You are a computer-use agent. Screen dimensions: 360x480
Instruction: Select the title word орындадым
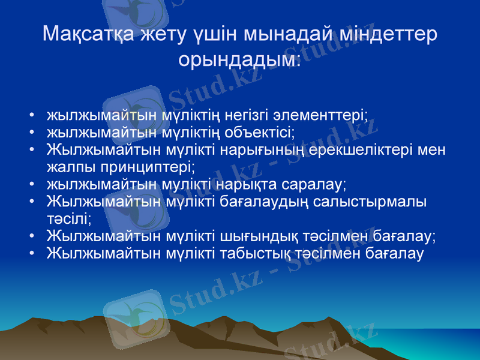[239, 59]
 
